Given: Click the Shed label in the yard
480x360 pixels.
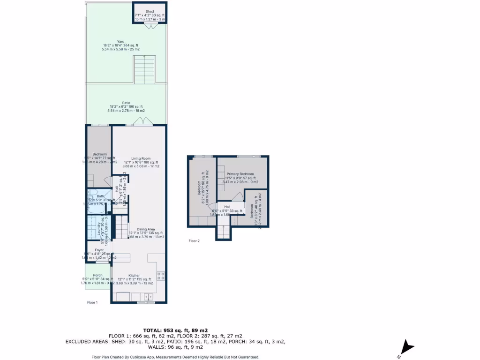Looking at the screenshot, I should tap(150, 11).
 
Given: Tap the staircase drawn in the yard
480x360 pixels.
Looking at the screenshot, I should tap(144, 69).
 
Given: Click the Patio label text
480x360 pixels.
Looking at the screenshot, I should tap(126, 103).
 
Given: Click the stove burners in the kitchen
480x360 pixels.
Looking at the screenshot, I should tap(161, 276).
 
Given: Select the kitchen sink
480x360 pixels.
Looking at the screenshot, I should tap(148, 296).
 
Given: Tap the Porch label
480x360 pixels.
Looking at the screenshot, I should tap(97, 275).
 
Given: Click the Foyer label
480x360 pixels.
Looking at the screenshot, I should tap(99, 250).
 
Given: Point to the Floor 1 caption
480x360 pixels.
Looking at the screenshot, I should tap(92, 302).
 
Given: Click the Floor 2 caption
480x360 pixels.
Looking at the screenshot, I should tap(194, 241).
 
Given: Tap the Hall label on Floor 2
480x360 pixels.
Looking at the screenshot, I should tap(227, 207).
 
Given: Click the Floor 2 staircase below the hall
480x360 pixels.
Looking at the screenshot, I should tap(224, 232).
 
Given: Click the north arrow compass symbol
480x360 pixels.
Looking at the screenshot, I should tap(407, 348).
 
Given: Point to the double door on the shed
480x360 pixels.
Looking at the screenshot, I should tap(150, 26).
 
